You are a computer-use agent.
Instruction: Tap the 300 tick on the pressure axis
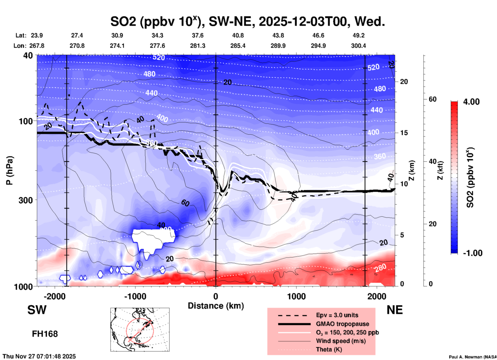(26, 200)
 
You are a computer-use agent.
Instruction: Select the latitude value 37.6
(197, 35)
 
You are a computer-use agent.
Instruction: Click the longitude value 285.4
(238, 46)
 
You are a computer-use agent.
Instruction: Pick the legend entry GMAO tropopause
(342, 324)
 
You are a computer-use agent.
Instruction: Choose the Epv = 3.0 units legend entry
(337, 315)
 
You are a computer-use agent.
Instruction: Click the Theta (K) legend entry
(329, 349)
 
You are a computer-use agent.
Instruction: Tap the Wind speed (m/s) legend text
(341, 341)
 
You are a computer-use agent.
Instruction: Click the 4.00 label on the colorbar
(471, 102)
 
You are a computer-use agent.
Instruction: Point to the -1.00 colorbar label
(472, 253)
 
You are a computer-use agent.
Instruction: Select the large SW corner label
(37, 310)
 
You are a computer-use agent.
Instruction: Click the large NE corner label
(395, 310)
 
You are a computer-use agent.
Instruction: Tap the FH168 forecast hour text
(45, 334)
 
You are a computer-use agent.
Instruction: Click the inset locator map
(140, 330)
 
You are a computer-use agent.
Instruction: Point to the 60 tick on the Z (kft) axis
(432, 99)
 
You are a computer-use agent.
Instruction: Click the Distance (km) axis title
(216, 306)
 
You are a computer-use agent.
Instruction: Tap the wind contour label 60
(185, 203)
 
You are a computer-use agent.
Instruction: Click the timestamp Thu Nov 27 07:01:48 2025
(39, 356)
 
